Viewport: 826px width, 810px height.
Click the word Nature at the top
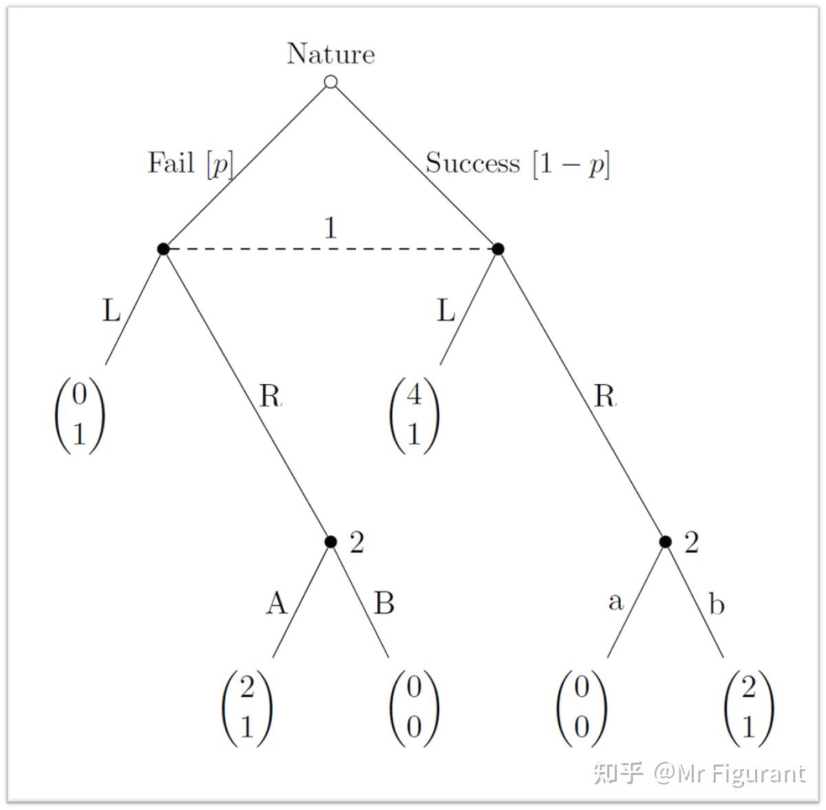click(x=331, y=54)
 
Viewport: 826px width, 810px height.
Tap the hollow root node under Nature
click(x=331, y=82)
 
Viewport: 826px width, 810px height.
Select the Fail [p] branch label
click(x=191, y=164)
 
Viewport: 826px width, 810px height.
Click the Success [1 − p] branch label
click(x=518, y=164)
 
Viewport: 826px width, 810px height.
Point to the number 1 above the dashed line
click(x=331, y=228)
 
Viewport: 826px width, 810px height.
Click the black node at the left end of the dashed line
click(x=163, y=248)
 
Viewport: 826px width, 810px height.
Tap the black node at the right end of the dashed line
click(x=498, y=248)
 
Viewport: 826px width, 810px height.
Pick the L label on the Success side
click(x=446, y=312)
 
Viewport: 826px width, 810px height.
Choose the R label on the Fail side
click(x=270, y=396)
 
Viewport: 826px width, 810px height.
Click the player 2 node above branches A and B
click(x=331, y=542)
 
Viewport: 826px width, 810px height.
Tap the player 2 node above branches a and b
click(x=665, y=542)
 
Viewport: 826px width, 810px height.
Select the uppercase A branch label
click(x=276, y=604)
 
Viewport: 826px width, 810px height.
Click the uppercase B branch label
click(x=384, y=604)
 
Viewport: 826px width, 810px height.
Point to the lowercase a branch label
click(x=615, y=602)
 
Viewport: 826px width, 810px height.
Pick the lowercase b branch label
click(x=717, y=604)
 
